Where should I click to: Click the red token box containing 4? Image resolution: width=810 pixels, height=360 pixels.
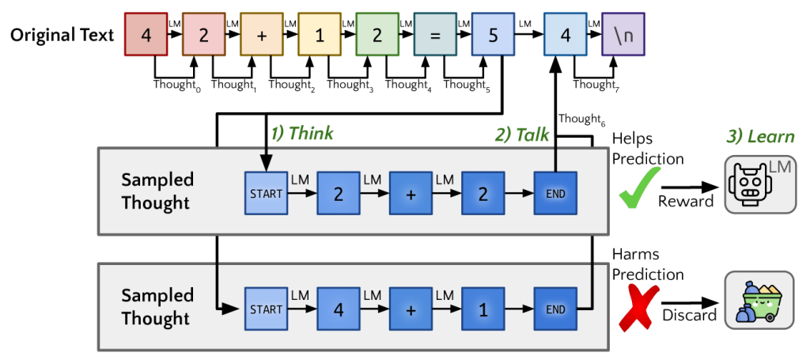click(x=146, y=36)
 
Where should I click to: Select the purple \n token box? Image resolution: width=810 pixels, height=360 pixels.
click(x=623, y=36)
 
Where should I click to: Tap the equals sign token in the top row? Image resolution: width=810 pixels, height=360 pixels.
click(x=435, y=36)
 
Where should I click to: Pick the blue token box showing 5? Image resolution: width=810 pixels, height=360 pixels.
click(x=493, y=36)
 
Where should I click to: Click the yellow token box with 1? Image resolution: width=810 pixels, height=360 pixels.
click(x=320, y=36)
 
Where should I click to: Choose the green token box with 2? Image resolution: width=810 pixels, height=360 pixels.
click(x=377, y=36)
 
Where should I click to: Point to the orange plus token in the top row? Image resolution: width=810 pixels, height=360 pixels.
click(x=262, y=36)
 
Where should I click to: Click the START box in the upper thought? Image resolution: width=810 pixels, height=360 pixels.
click(x=266, y=193)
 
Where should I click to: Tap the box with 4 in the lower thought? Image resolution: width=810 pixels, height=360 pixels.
click(x=339, y=309)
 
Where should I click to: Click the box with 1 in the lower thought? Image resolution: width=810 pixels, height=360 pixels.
click(x=483, y=309)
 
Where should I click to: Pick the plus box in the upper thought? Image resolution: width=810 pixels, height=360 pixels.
click(x=411, y=193)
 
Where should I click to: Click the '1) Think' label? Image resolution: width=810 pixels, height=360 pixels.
click(x=302, y=134)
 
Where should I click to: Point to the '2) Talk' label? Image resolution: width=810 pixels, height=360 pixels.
click(x=523, y=135)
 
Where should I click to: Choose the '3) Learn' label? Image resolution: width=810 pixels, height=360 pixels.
click(x=759, y=136)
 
